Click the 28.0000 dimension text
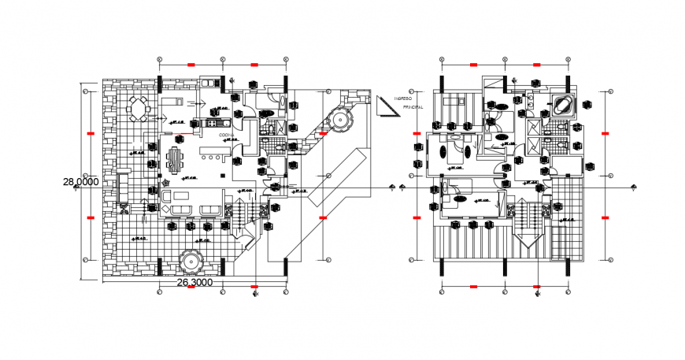coord(81,181)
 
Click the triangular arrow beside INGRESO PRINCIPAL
coord(387,106)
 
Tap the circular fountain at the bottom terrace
coord(191,262)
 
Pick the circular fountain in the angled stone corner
coord(340,119)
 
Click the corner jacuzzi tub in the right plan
coord(563,105)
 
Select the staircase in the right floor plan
coord(530,225)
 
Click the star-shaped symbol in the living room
coord(166,183)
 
